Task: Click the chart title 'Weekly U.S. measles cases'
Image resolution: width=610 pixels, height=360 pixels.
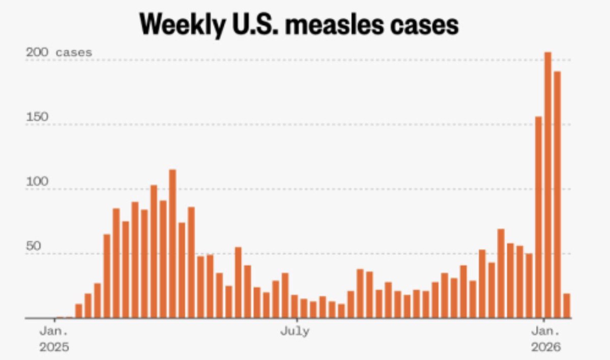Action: click(299, 24)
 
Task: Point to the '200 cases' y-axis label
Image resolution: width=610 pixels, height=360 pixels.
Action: click(60, 52)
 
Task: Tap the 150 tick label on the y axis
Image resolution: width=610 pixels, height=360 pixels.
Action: click(38, 117)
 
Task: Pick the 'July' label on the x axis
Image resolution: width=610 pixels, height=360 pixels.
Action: click(295, 332)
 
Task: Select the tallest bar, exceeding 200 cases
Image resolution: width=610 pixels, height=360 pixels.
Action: click(548, 185)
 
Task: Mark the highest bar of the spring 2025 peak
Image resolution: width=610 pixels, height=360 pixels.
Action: click(172, 244)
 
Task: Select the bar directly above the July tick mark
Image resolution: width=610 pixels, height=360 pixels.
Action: click(295, 307)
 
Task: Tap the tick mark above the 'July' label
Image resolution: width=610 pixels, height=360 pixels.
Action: click(295, 321)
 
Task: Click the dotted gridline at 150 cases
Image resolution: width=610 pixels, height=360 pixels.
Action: click(305, 125)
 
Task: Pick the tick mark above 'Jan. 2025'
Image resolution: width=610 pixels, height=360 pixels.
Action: click(54, 321)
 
